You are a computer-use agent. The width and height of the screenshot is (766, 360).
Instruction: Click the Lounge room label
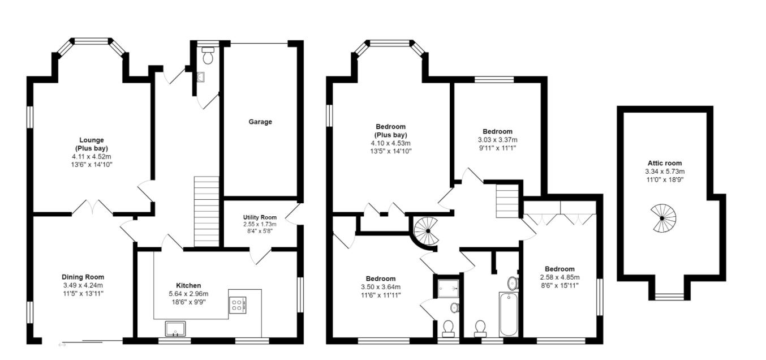(x=91, y=140)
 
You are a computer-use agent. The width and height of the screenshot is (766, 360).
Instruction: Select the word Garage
(x=260, y=122)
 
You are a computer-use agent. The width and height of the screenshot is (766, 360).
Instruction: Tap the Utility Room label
(x=260, y=217)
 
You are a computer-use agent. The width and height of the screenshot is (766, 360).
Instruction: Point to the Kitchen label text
(x=188, y=285)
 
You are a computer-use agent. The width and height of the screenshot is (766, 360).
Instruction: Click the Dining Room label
(x=83, y=277)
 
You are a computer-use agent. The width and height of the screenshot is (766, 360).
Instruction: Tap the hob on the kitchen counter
(x=237, y=306)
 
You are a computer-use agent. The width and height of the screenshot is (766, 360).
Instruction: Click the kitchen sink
(x=175, y=328)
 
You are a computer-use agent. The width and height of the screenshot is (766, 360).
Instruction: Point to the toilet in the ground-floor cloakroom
(x=208, y=55)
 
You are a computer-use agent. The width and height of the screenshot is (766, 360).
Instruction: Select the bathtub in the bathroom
(x=509, y=314)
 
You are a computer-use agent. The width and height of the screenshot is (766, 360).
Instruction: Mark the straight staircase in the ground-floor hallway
(x=206, y=211)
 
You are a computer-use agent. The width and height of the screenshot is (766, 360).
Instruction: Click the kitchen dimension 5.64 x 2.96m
(x=188, y=294)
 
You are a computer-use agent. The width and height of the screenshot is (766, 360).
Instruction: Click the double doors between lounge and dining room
(x=93, y=208)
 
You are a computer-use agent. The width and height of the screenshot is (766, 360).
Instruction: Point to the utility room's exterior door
(x=294, y=213)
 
